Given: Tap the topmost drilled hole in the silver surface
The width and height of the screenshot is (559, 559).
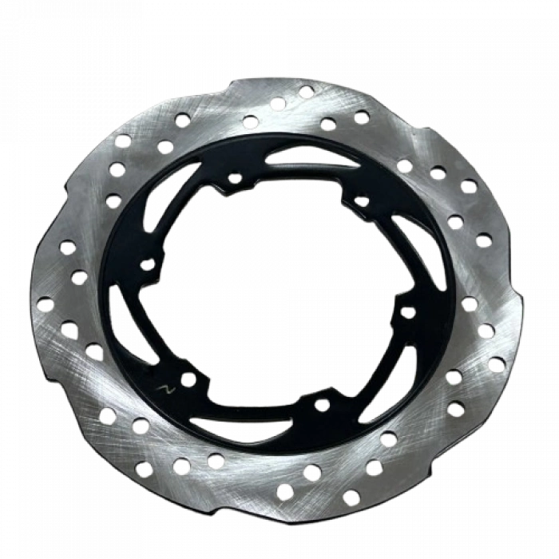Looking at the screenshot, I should click(306, 92).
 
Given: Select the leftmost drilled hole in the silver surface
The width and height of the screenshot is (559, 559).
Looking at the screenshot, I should click(44, 303).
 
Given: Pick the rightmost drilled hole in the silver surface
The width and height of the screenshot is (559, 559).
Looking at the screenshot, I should click(497, 364).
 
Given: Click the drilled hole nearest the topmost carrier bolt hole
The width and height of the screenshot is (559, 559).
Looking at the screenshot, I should click(250, 121).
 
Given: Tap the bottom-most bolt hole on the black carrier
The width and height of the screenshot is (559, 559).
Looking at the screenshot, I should click(321, 404).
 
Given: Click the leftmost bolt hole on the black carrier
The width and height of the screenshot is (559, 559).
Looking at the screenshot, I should click(147, 264).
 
